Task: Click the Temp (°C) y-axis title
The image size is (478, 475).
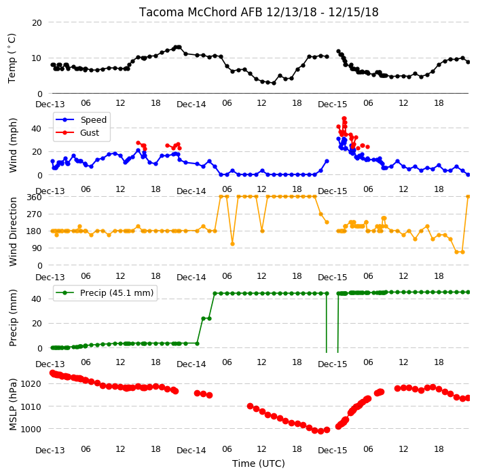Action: tap(12, 58)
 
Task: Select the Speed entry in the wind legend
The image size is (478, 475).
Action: tap(93, 119)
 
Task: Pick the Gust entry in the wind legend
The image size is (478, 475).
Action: tap(90, 133)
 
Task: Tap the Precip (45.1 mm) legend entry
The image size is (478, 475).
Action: tap(117, 292)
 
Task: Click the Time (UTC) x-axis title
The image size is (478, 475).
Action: tap(259, 463)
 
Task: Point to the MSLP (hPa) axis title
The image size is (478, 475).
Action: tap(13, 404)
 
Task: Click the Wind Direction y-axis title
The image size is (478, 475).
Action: tap(13, 232)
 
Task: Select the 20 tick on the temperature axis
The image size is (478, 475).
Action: tap(37, 23)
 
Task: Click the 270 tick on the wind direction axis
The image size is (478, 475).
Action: tap(34, 214)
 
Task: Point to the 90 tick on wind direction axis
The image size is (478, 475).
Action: tap(37, 248)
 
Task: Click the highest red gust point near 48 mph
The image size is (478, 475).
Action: tap(344, 119)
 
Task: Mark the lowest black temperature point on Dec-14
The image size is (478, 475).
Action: tap(274, 83)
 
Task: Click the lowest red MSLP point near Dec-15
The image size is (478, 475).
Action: tap(320, 432)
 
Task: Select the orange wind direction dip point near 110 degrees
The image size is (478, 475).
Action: tap(232, 244)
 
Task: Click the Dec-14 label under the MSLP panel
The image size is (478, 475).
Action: tap(191, 451)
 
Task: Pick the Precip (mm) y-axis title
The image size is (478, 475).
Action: tap(13, 318)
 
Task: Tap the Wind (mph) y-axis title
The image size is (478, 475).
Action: tap(13, 146)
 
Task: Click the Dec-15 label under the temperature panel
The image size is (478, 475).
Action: tap(332, 104)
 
